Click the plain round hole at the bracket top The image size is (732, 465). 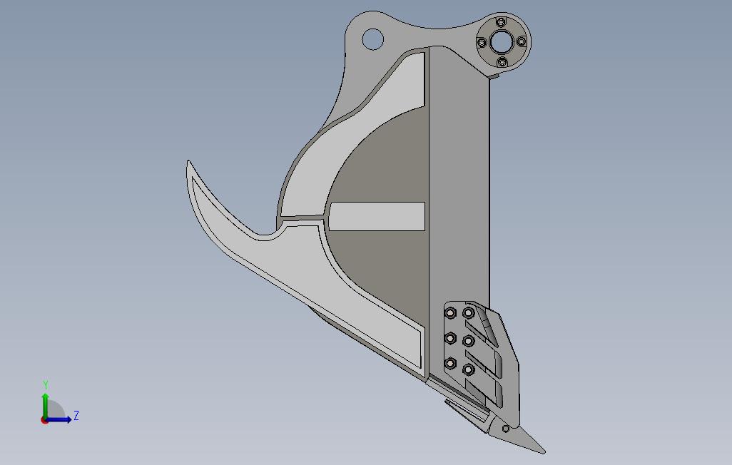pos(372,39)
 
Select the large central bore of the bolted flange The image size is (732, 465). pos(502,43)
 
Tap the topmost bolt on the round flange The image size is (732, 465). pos(502,22)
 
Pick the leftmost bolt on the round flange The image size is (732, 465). pos(482,43)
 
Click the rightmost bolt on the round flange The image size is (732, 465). pos(522,42)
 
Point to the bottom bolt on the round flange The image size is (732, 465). pos(502,61)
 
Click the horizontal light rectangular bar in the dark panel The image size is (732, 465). pos(377,216)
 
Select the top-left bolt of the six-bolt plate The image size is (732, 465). pos(450,312)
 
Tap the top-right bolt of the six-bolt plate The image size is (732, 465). pos(468,312)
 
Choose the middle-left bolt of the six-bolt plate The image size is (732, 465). pos(450,338)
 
